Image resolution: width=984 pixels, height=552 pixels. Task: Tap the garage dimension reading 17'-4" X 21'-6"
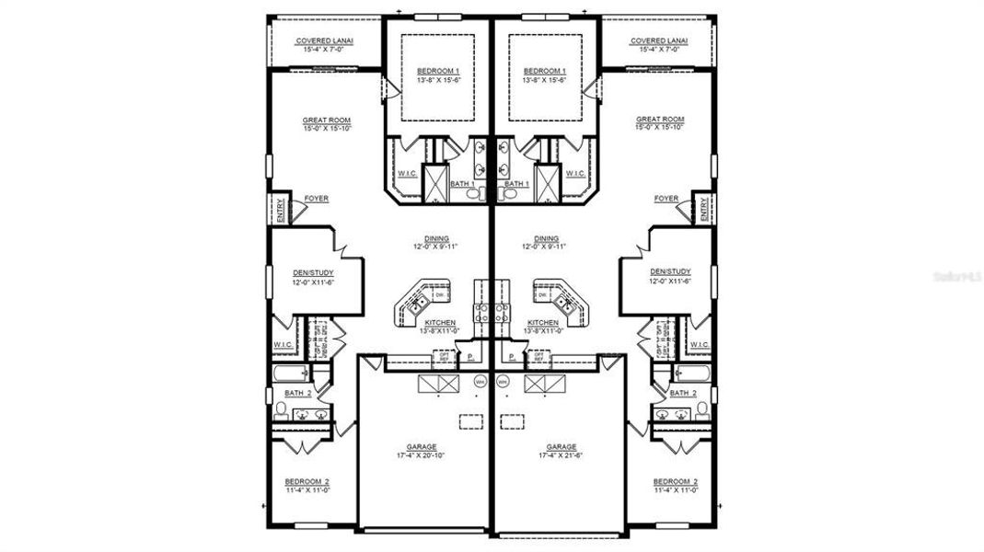coord(561,455)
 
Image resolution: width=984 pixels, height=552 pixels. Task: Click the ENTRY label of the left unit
coord(280,211)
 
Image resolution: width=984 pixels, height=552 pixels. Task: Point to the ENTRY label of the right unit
coord(703,211)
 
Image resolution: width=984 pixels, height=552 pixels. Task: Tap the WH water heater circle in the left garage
coord(480,381)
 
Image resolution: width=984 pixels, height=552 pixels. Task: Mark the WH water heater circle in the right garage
coord(503,381)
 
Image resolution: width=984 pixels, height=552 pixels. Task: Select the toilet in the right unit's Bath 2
coord(701,408)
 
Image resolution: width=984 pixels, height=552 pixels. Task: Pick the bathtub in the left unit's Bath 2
coord(291,374)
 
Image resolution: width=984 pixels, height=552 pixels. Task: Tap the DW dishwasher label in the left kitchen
coord(427,294)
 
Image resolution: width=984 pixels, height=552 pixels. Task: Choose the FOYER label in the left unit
coord(317,199)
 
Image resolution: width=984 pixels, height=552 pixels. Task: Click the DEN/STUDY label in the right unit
coord(669,271)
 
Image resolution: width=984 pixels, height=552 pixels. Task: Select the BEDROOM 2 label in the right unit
coord(675,481)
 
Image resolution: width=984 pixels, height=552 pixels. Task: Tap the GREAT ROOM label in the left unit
coord(327,120)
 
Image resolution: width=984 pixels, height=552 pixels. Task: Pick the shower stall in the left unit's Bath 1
coord(434,180)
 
